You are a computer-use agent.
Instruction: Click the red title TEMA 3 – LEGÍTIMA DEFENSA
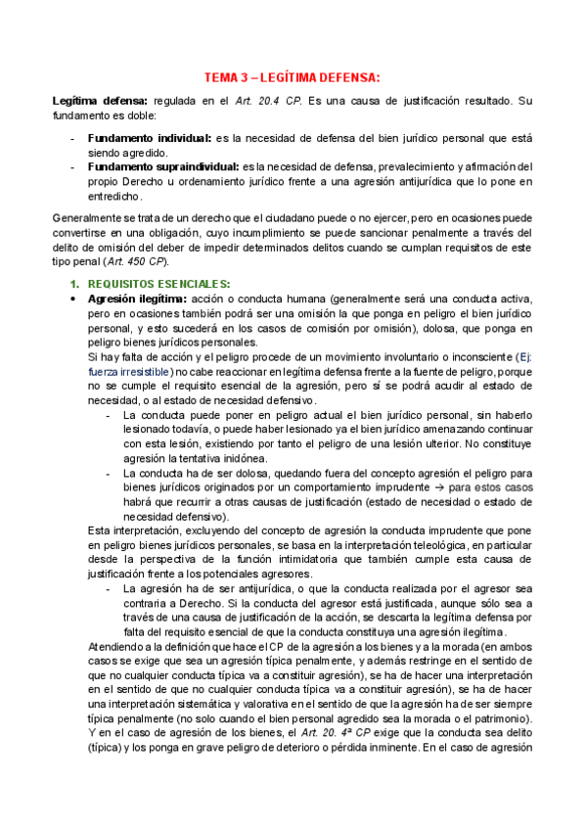pos(293,77)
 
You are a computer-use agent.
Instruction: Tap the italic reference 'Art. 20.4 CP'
pos(264,101)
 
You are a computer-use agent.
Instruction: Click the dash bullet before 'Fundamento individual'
pos(74,138)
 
